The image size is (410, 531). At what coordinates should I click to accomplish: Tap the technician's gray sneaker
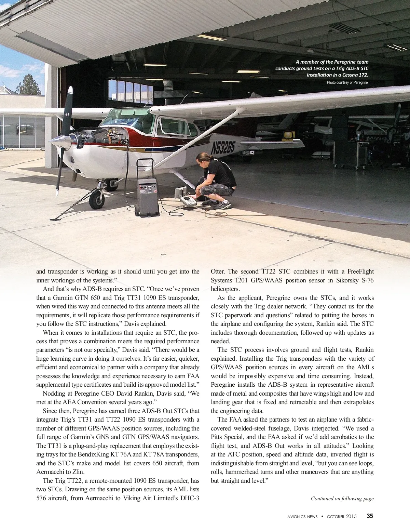point(224,205)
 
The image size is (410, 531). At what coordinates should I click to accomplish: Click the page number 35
point(370,516)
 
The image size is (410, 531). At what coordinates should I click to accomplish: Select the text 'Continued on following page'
point(342,499)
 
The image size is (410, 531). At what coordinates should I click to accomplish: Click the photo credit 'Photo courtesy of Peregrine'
point(347,82)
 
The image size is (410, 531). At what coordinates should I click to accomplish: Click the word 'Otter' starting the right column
point(217,271)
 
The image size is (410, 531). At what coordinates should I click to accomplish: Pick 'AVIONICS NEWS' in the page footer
point(302,516)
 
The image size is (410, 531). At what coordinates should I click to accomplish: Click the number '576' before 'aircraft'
point(42,498)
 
